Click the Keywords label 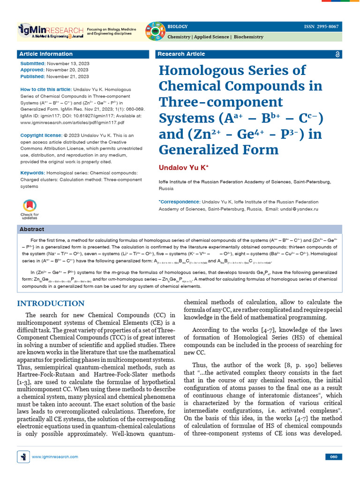coord(33,173)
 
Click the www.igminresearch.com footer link coord(55,457)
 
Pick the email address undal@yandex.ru coord(298,209)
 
